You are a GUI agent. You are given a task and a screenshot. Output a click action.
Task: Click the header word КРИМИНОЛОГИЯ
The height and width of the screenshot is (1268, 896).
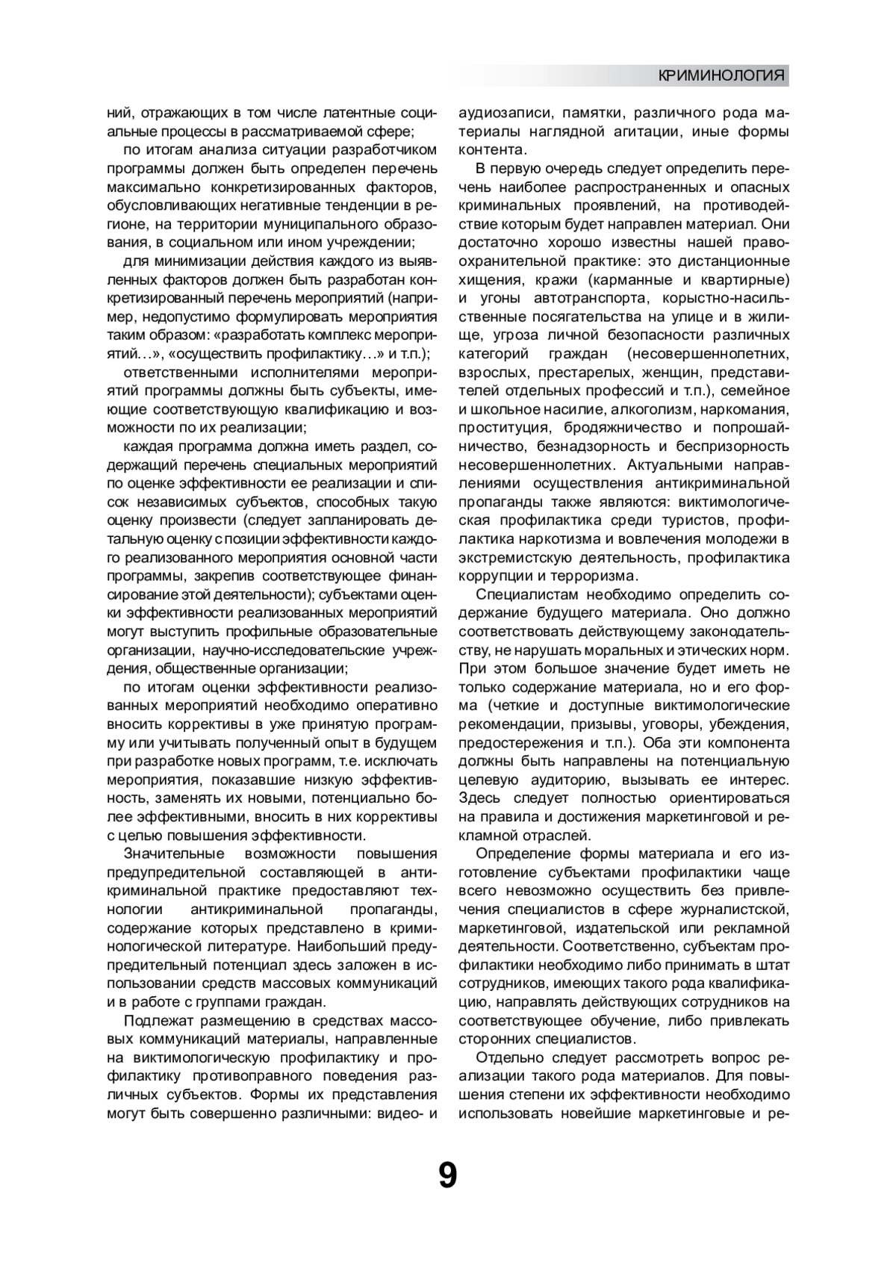tap(721, 75)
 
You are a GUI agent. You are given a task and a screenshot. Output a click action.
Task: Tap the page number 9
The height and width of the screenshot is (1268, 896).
tap(447, 1175)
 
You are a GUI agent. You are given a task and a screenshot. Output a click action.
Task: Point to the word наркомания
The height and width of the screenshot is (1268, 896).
tap(747, 409)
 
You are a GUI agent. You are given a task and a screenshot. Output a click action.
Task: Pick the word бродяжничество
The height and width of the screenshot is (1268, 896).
tap(622, 428)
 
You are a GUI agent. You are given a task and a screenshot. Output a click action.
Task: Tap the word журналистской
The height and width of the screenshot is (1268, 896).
tap(736, 910)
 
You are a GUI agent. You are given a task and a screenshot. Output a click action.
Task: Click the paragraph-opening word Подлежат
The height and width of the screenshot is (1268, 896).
tap(158, 1021)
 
